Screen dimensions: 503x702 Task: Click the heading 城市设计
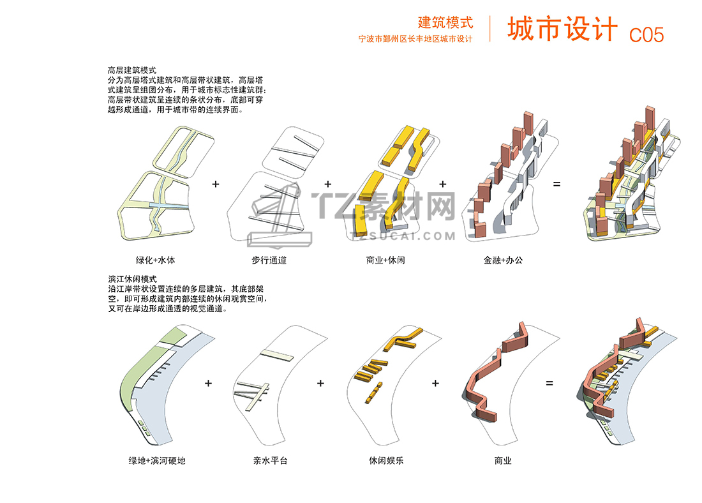562,29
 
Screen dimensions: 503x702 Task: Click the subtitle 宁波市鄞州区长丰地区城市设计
415,39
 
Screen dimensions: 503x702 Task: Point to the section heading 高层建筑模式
132,70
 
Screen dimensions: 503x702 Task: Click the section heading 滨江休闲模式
132,280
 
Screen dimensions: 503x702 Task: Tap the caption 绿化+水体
155,260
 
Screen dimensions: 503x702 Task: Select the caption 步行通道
269,260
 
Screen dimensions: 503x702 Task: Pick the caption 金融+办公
503,260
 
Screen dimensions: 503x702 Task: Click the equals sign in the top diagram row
556,184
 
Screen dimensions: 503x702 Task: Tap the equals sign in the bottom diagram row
549,383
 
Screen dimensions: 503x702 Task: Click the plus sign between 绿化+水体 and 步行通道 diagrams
216,184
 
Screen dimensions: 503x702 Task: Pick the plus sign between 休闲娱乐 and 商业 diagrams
435,383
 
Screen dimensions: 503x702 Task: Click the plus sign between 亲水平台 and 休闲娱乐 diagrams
320,383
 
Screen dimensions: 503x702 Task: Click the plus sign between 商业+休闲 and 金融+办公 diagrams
443,184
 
